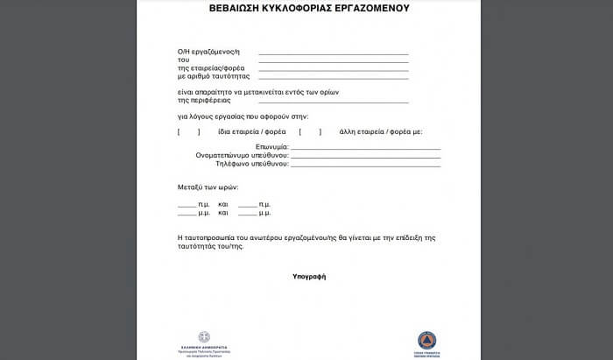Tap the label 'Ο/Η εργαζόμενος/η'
click(x=208, y=54)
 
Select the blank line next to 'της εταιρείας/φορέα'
click(x=333, y=69)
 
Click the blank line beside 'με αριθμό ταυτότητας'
click(x=333, y=77)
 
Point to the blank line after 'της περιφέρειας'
click(x=333, y=102)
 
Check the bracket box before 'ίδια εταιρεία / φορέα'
click(x=188, y=132)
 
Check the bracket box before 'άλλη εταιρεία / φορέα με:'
click(x=310, y=132)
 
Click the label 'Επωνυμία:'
click(x=271, y=147)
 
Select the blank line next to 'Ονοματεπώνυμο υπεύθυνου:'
click(x=365, y=156)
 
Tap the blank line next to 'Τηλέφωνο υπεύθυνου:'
click(x=365, y=165)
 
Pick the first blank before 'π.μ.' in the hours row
click(x=187, y=205)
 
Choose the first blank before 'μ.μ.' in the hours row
click(x=187, y=214)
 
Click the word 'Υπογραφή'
click(x=309, y=277)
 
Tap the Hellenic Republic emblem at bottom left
click(x=204, y=338)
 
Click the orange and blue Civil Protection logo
click(x=426, y=341)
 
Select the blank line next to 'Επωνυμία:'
click(x=365, y=148)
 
